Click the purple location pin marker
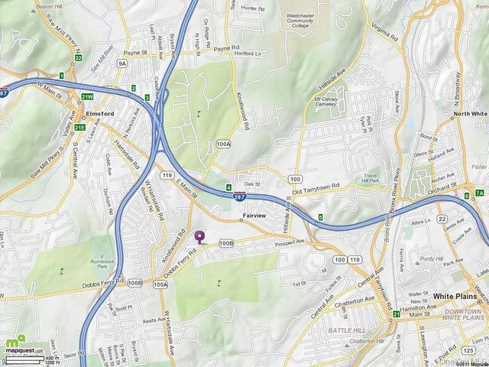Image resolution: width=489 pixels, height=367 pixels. coord(200,237)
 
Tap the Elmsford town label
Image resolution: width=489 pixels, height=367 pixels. coord(99,112)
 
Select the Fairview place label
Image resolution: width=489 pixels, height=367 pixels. coord(253,216)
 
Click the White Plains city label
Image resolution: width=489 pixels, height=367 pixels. coord(455,295)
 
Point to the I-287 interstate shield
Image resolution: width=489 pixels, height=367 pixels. coord(240,196)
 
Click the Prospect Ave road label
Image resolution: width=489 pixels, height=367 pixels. coord(289,242)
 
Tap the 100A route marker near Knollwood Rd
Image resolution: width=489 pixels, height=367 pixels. coord(223,143)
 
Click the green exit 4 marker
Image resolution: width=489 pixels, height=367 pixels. coord(228,187)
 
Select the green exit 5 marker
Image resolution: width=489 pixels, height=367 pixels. coord(320,217)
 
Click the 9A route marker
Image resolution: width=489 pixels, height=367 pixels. coord(121,63)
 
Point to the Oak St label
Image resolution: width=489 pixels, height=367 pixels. coord(252,184)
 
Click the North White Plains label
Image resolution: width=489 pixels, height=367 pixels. coord(469,113)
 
